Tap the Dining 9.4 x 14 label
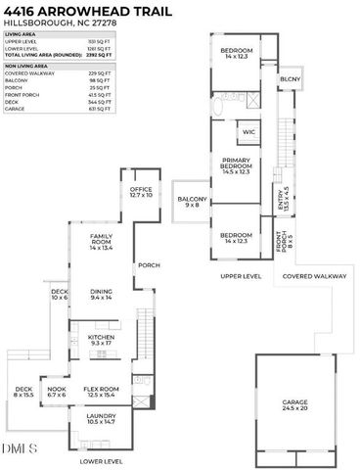[102, 294]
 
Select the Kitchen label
[102, 341]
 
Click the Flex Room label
[101, 392]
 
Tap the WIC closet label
[247, 132]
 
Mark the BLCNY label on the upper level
[291, 79]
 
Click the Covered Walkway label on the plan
[315, 276]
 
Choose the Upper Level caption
[242, 276]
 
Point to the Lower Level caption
[101, 460]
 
